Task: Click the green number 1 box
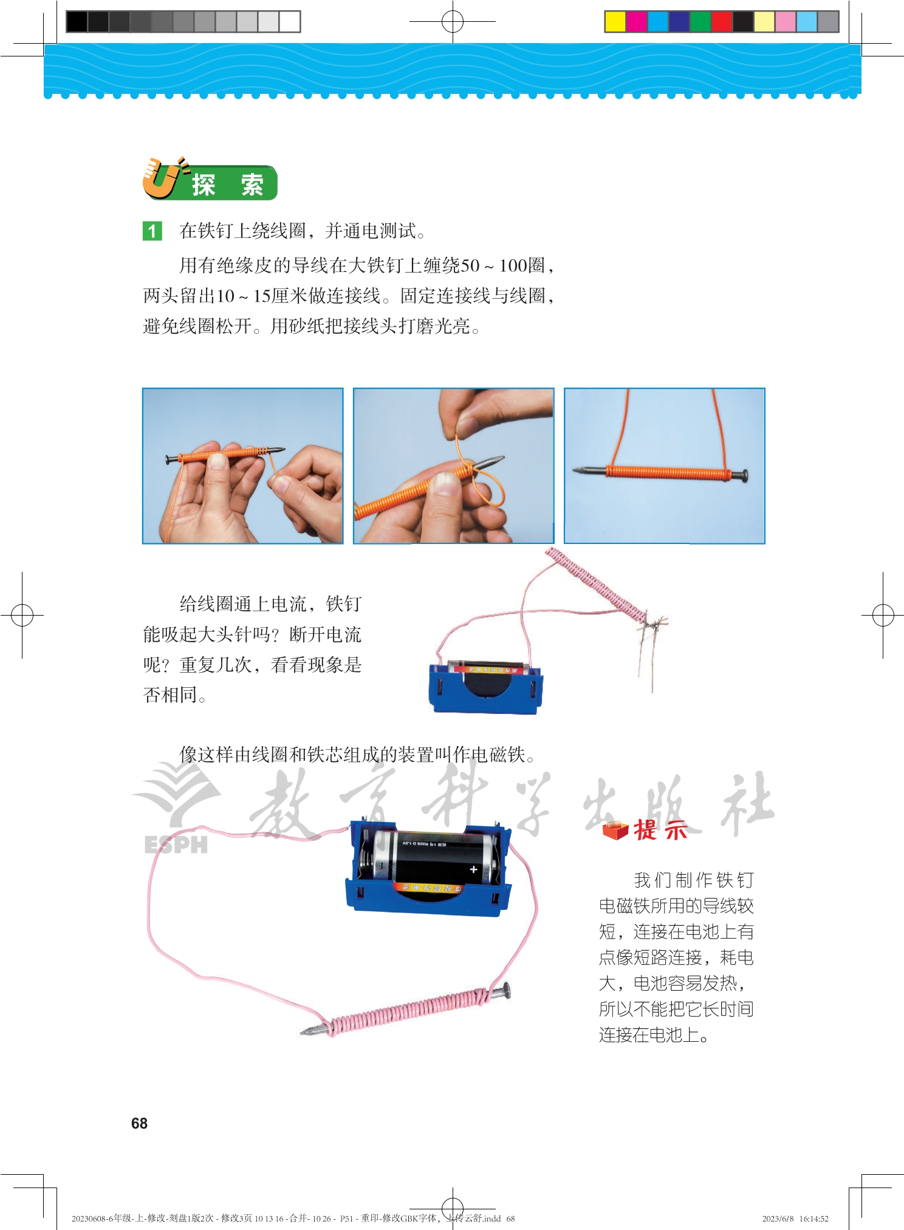coord(152,231)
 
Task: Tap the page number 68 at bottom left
coord(139,1123)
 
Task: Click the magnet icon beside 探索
coord(162,178)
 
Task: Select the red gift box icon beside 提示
coord(615,830)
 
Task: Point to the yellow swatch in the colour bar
coord(615,22)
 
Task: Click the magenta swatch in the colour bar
coord(636,22)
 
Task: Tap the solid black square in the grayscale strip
coord(77,22)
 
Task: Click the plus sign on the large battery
coord(473,869)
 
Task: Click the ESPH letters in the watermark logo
coord(176,844)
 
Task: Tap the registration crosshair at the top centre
coord(453,22)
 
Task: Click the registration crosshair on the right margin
coord(883,615)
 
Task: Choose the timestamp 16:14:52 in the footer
coord(813,1218)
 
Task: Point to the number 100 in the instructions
coord(513,265)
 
